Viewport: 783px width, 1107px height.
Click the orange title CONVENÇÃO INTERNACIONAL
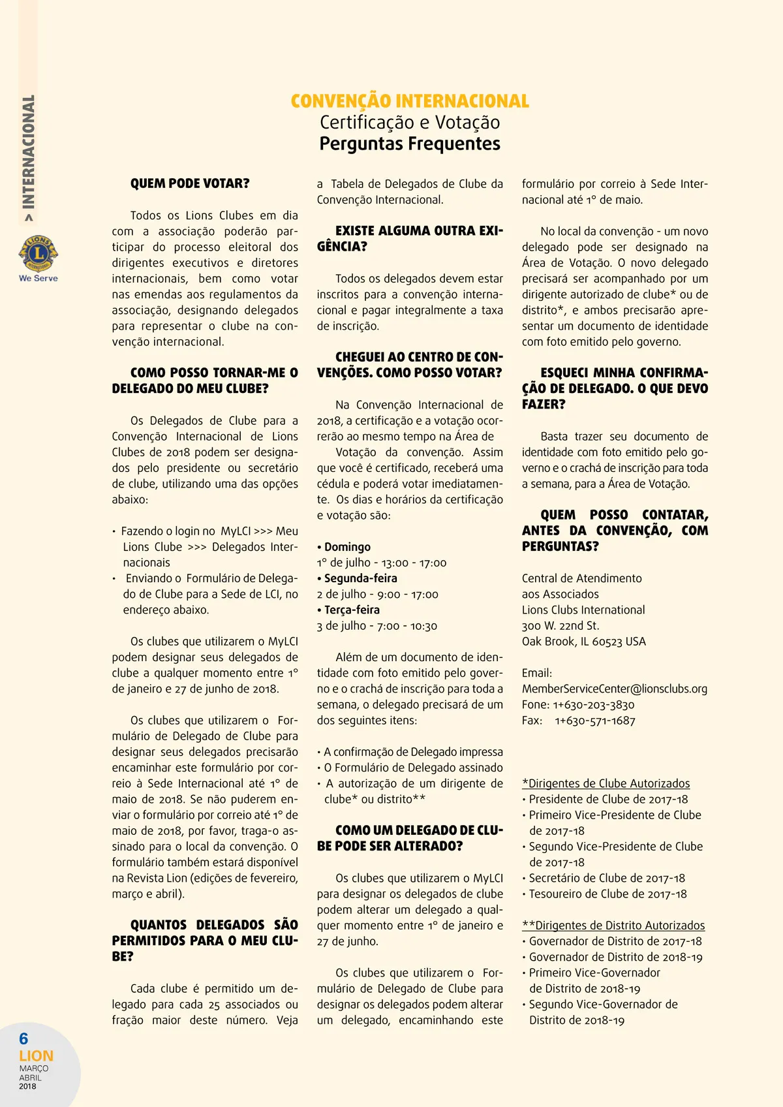[410, 101]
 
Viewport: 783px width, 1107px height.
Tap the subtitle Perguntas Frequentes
[410, 144]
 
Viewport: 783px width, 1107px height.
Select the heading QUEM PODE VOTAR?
[190, 183]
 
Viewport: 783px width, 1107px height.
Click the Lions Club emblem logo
[38, 253]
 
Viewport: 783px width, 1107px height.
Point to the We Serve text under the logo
[38, 278]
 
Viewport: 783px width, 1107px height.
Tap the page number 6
[24, 1038]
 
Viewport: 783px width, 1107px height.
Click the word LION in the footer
[36, 1055]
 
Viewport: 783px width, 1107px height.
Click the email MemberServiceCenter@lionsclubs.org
[615, 689]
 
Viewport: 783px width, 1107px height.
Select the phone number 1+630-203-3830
[594, 705]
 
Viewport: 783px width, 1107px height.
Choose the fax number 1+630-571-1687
[595, 721]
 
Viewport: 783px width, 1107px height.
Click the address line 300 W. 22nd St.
[560, 626]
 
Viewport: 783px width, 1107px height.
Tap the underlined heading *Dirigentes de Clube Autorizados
[606, 783]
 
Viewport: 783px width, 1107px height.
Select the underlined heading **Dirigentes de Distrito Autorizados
[613, 926]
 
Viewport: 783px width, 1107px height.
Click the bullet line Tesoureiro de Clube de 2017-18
[607, 894]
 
